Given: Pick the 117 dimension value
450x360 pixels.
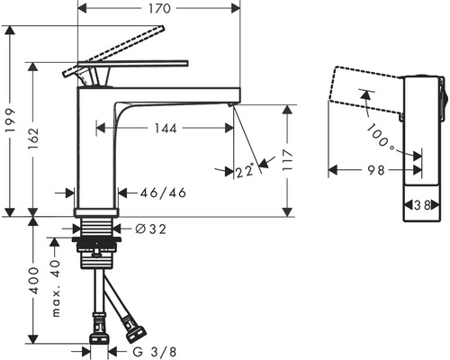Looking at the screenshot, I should click(x=288, y=160).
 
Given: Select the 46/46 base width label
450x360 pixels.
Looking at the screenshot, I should click(x=163, y=193).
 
